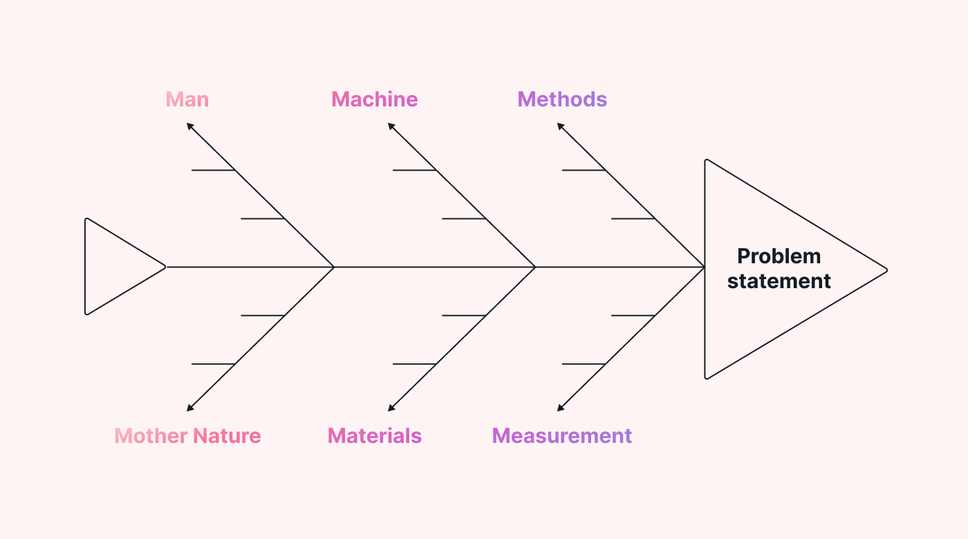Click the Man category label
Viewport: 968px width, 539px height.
tap(187, 100)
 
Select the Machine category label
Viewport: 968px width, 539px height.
tap(375, 100)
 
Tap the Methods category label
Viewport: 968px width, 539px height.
tap(562, 100)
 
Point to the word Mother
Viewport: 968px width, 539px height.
tap(151, 436)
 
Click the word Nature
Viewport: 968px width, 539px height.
tap(227, 436)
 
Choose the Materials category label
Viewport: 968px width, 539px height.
tap(375, 436)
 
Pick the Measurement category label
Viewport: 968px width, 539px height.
tap(562, 436)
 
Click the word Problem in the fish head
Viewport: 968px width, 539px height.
tap(779, 256)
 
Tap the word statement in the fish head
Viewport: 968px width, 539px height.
tap(779, 281)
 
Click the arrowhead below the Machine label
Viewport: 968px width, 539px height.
tap(391, 126)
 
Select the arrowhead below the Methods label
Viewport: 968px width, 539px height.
tap(561, 126)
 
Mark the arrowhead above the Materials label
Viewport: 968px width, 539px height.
tap(391, 408)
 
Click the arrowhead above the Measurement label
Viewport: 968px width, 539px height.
tap(561, 408)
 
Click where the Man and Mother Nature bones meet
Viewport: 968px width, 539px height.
tap(335, 267)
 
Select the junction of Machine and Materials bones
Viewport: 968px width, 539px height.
tap(535, 267)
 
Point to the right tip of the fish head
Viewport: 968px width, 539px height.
tap(886, 269)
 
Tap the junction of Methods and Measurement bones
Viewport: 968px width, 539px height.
tap(704, 267)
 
